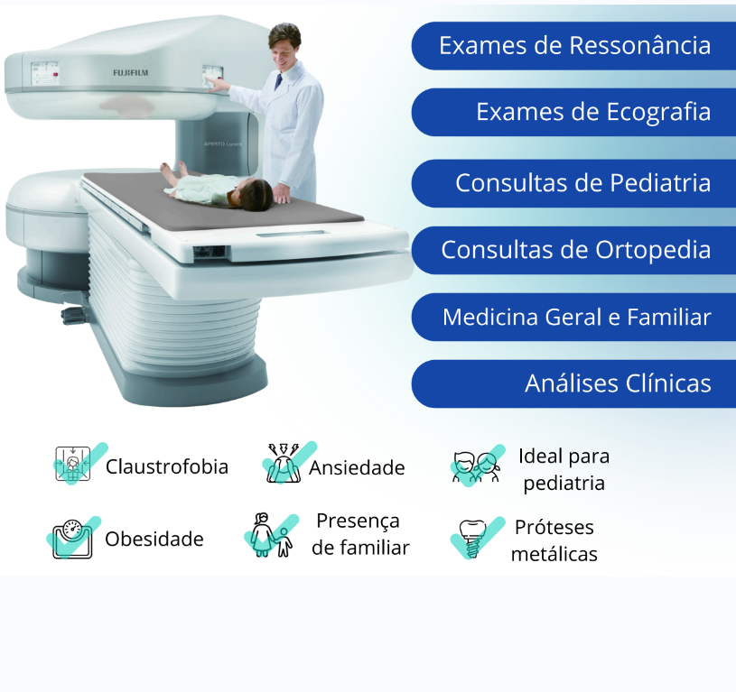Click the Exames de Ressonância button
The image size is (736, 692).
pyautogui.click(x=573, y=46)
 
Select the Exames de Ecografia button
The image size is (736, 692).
pyautogui.click(x=573, y=112)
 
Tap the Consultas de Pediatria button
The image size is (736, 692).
pyautogui.click(x=573, y=183)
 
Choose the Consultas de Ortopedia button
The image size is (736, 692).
pyautogui.click(x=573, y=250)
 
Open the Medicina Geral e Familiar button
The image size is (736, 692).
pyautogui.click(x=573, y=318)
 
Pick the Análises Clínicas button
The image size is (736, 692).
pyautogui.click(x=573, y=384)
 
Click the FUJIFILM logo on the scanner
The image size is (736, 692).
pyautogui.click(x=130, y=73)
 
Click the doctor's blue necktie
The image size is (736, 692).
pyautogui.click(x=278, y=81)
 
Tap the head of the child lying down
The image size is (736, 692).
pyautogui.click(x=254, y=194)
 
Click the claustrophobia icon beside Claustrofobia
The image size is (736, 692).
pyautogui.click(x=73, y=464)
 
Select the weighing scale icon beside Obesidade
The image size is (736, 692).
pyautogui.click(x=72, y=540)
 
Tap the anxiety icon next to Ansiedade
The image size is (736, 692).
pyautogui.click(x=283, y=463)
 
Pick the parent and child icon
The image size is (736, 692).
pyautogui.click(x=271, y=535)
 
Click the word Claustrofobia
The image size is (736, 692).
pyautogui.click(x=167, y=467)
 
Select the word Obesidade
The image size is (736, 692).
pyautogui.click(x=154, y=540)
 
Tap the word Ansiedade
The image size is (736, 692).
pyautogui.click(x=357, y=468)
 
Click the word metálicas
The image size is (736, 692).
pyautogui.click(x=554, y=555)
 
